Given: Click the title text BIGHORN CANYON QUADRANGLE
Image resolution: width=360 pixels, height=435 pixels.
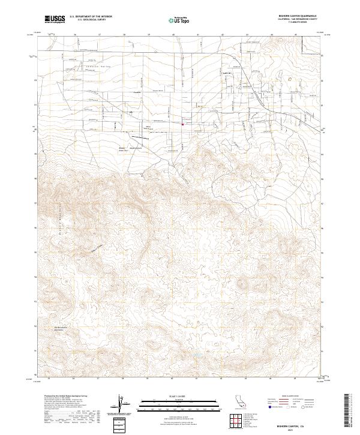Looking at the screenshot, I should click(x=296, y=16).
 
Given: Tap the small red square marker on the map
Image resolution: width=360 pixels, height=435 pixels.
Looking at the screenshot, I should click(x=182, y=125).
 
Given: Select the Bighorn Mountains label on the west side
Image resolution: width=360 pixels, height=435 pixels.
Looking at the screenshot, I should click(x=62, y=216).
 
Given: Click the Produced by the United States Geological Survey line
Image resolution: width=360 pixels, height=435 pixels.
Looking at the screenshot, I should click(x=67, y=397).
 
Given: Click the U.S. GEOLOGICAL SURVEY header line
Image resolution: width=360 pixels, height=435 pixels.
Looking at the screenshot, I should click(x=91, y=20).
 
